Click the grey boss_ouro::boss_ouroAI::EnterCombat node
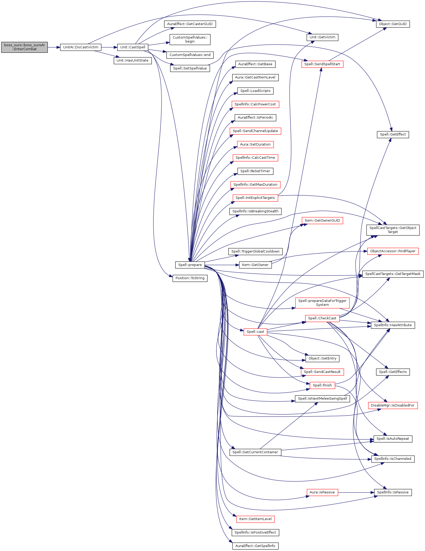pyautogui.click(x=24, y=47)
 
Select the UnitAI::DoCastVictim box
pyautogui.click(x=81, y=47)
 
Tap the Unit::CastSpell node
pyautogui.click(x=132, y=47)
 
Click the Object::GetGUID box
pyautogui.click(x=393, y=24)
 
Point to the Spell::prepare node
pyautogui.click(x=190, y=265)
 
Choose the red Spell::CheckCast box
pyautogui.click(x=322, y=318)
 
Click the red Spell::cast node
pyautogui.click(x=255, y=332)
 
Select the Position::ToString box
pyautogui.click(x=190, y=278)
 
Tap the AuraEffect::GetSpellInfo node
pyautogui.click(x=255, y=546)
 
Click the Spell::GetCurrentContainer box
pyautogui.click(x=255, y=452)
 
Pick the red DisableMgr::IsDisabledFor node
pyautogui.click(x=393, y=405)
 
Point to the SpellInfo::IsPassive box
pyautogui.click(x=393, y=492)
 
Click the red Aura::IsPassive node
pyautogui.click(x=322, y=492)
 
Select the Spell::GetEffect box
pyautogui.click(x=393, y=134)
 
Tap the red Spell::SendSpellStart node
pyautogui.click(x=322, y=64)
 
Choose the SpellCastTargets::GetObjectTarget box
pyautogui.click(x=393, y=230)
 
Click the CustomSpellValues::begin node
pyautogui.click(x=190, y=39)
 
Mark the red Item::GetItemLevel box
pyautogui.click(x=255, y=519)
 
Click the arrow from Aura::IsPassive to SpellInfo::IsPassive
pyautogui.click(x=356, y=492)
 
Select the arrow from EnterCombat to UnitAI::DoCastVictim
pyautogui.click(x=54, y=47)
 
